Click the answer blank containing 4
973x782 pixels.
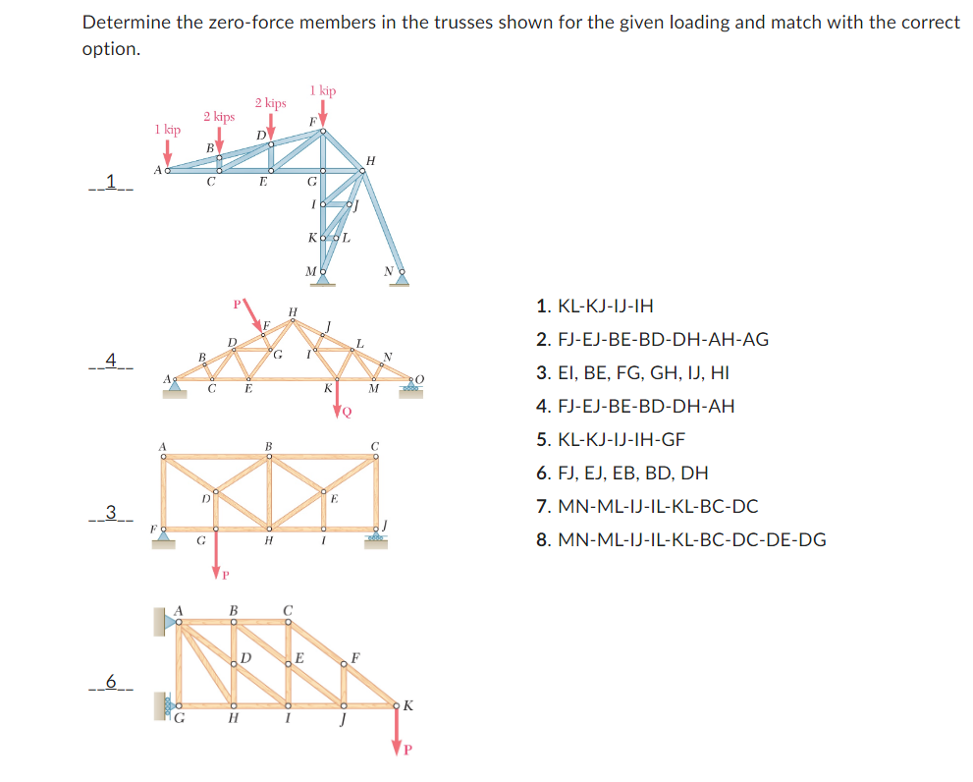[x=111, y=361]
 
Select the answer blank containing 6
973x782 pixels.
[x=111, y=680]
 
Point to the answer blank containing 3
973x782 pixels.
[x=111, y=511]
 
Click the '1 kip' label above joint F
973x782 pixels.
[x=322, y=90]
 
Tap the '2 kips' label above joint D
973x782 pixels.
[x=270, y=102]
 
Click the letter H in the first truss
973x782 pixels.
[x=369, y=159]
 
